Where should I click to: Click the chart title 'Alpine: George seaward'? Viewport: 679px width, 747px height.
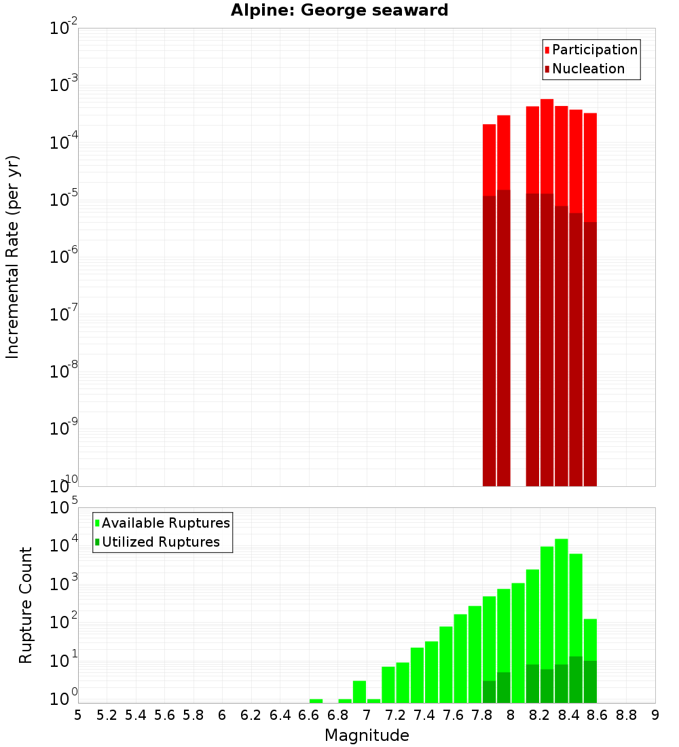(339, 11)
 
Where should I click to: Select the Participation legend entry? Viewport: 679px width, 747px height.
(594, 50)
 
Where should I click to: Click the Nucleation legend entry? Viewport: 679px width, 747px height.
(587, 69)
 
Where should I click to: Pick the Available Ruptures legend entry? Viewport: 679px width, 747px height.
(165, 523)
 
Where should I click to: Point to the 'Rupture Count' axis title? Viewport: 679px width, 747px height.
(26, 604)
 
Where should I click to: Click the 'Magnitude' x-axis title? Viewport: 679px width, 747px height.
(367, 735)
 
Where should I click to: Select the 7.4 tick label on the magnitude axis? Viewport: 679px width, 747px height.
(424, 714)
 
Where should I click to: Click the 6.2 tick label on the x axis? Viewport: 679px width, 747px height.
(251, 714)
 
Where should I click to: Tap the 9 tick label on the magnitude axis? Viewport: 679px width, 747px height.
(655, 714)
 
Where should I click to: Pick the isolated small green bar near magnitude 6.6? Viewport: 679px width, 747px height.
(316, 701)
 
